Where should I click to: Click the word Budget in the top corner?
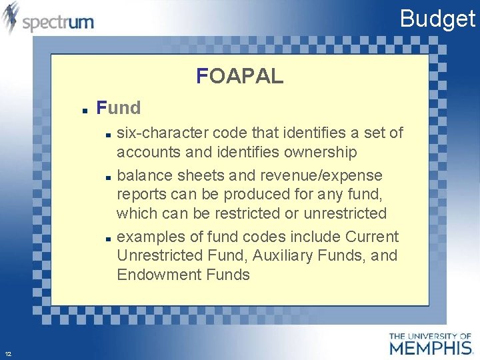(x=437, y=19)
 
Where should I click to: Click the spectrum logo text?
(x=58, y=23)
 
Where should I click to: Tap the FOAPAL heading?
(x=240, y=77)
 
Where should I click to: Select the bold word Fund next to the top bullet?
(x=119, y=107)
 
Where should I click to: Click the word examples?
(x=150, y=237)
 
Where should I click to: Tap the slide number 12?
(x=7, y=353)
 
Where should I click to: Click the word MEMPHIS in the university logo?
(x=431, y=347)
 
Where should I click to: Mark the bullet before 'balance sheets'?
(x=107, y=177)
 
